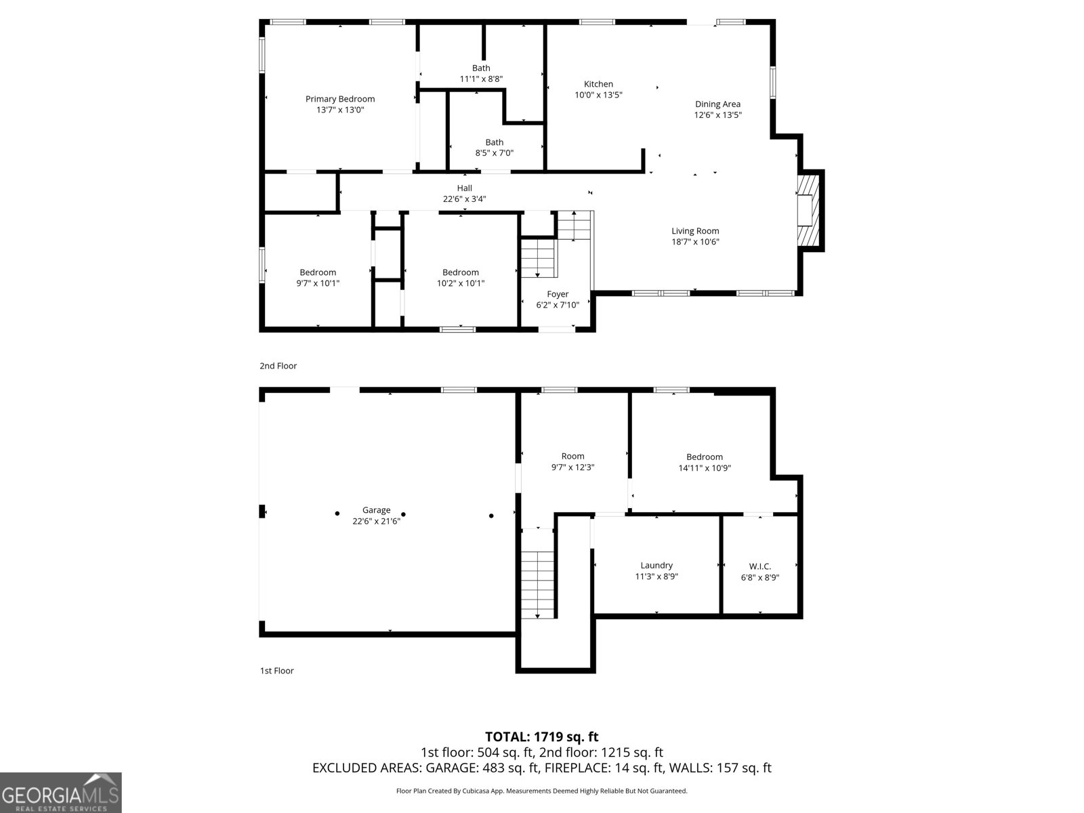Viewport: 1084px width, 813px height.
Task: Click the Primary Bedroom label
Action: (339, 99)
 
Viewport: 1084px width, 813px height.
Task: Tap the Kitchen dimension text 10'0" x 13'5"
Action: (598, 96)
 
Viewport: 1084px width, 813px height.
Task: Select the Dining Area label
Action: (717, 104)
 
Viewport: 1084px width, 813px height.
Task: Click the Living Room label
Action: (695, 231)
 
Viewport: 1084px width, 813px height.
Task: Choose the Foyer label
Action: (558, 294)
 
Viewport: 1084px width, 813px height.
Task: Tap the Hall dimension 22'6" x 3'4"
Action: (464, 199)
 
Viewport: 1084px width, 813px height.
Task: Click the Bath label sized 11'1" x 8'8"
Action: (481, 68)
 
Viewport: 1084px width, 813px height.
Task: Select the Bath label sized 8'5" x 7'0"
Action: (494, 142)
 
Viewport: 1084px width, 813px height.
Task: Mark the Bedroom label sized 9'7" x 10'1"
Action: (318, 272)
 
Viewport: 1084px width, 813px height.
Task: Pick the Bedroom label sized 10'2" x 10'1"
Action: (460, 272)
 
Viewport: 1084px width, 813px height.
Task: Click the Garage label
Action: (376, 510)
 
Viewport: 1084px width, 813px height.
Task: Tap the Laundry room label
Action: (656, 565)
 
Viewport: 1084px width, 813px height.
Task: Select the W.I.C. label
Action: (759, 566)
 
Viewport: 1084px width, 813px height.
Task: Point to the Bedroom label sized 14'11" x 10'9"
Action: (704, 457)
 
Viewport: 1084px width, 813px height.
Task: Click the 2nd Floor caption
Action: (278, 366)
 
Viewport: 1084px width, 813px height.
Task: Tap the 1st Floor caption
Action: (276, 671)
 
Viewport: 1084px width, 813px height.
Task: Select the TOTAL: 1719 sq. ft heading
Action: (541, 736)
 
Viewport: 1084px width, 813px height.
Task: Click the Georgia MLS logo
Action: (60, 792)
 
